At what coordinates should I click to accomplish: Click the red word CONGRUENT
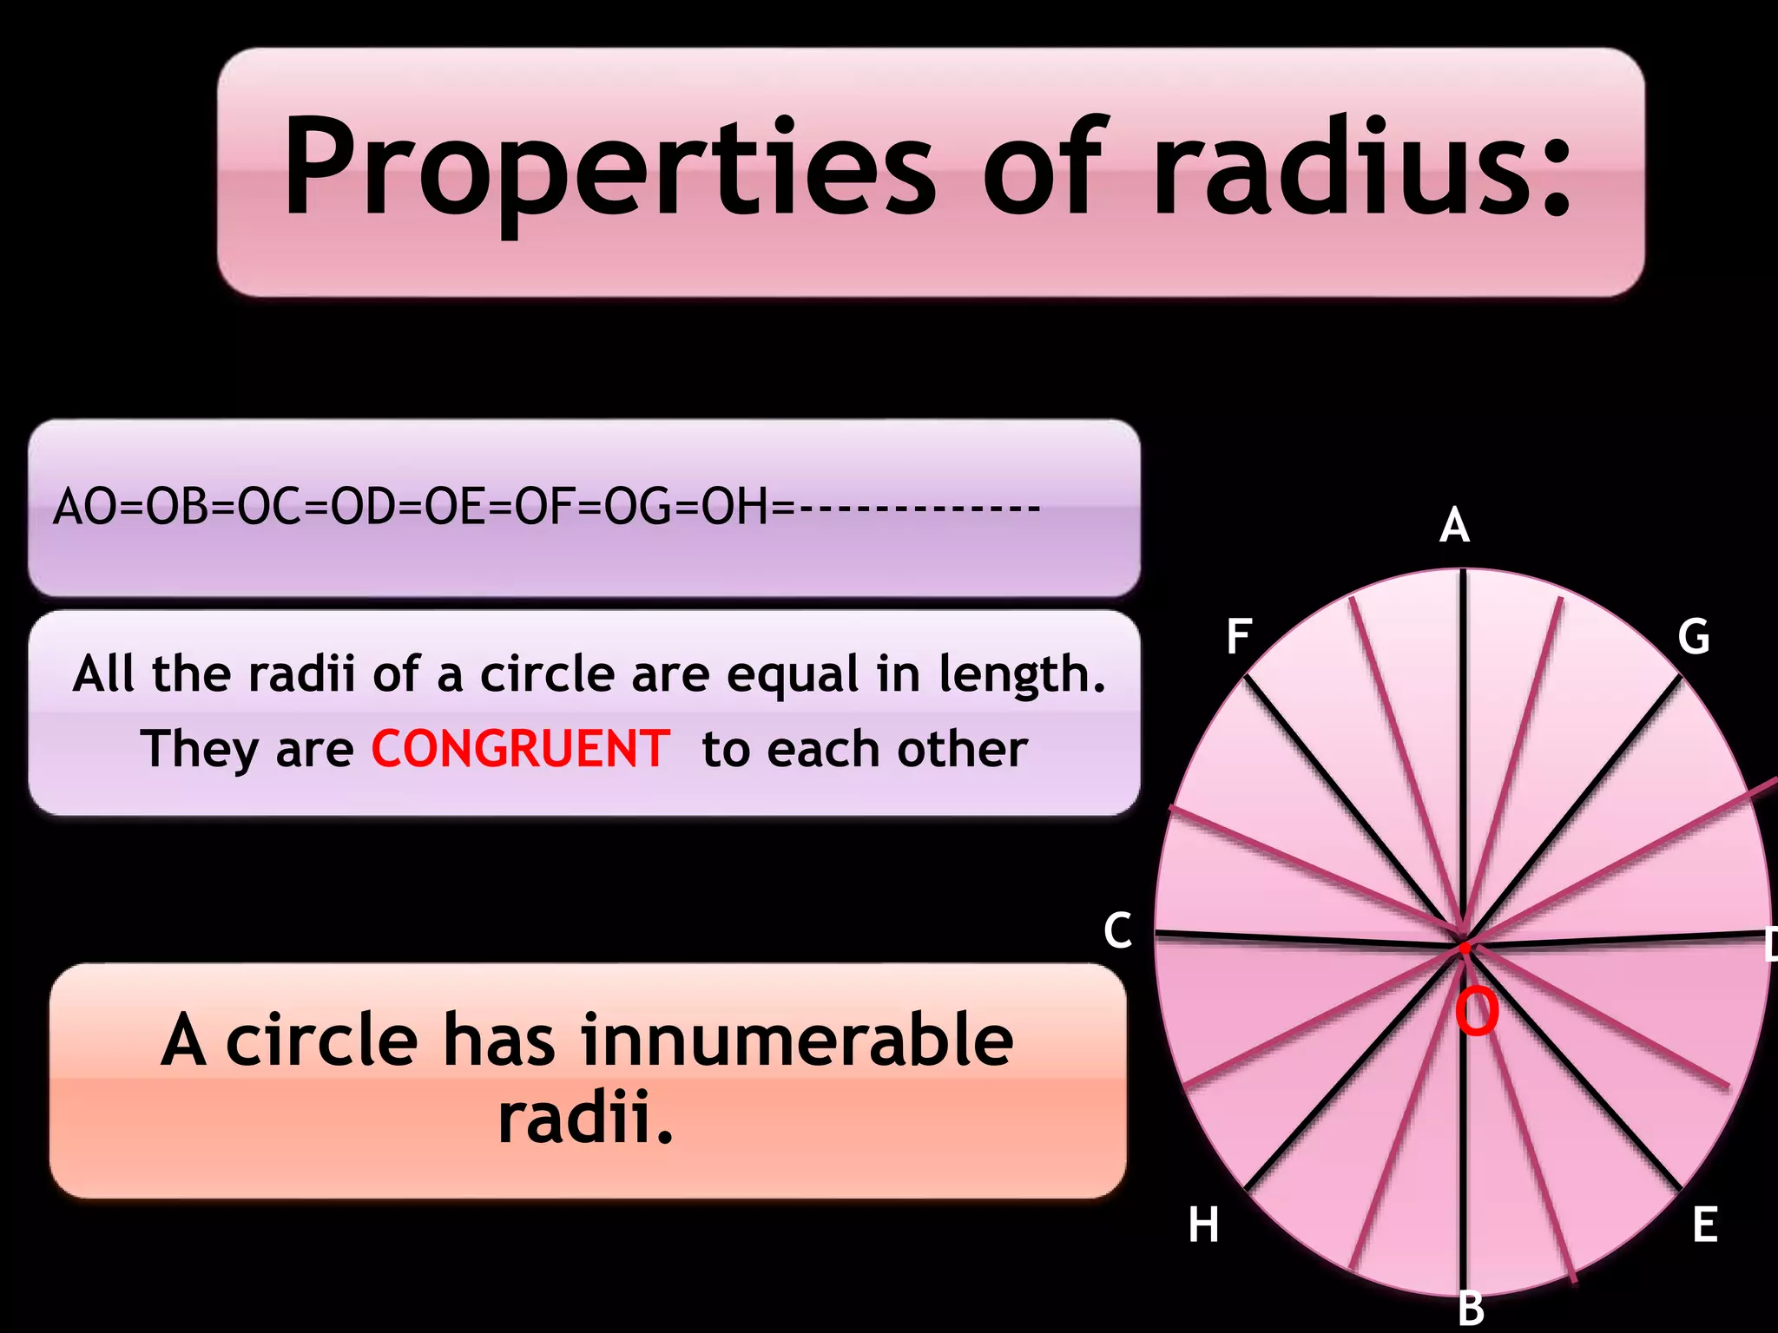click(520, 749)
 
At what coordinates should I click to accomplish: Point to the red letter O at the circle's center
click(1477, 1012)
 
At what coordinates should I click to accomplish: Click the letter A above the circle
click(1454, 526)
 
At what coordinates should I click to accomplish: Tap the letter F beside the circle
click(1239, 637)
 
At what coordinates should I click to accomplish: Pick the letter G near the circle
click(1693, 637)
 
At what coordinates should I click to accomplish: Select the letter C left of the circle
click(1117, 930)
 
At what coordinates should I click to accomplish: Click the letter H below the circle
click(1203, 1225)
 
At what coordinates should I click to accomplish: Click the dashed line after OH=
click(919, 508)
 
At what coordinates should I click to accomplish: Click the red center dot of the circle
click(1465, 948)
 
